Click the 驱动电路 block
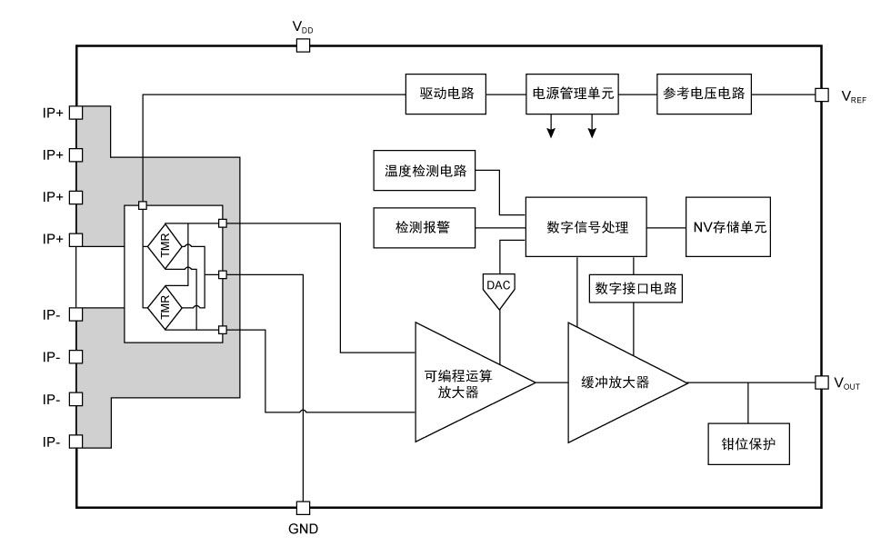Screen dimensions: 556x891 pyautogui.click(x=445, y=94)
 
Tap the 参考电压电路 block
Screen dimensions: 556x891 pyautogui.click(x=704, y=94)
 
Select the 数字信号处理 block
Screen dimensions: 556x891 pyautogui.click(x=586, y=227)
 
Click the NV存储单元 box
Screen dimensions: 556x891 pyautogui.click(x=730, y=227)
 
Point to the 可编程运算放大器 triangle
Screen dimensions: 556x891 pyautogui.click(x=464, y=382)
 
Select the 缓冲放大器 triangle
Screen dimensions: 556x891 pyautogui.click(x=618, y=382)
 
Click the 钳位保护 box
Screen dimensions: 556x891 pyautogui.click(x=748, y=445)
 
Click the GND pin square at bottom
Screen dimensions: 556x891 pyautogui.click(x=303, y=507)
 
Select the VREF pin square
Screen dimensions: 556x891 pyautogui.click(x=821, y=94)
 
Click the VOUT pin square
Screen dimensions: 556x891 pyautogui.click(x=821, y=382)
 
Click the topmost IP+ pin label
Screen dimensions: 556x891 pyautogui.click(x=53, y=113)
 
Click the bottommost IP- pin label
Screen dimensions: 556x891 pyautogui.click(x=53, y=442)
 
